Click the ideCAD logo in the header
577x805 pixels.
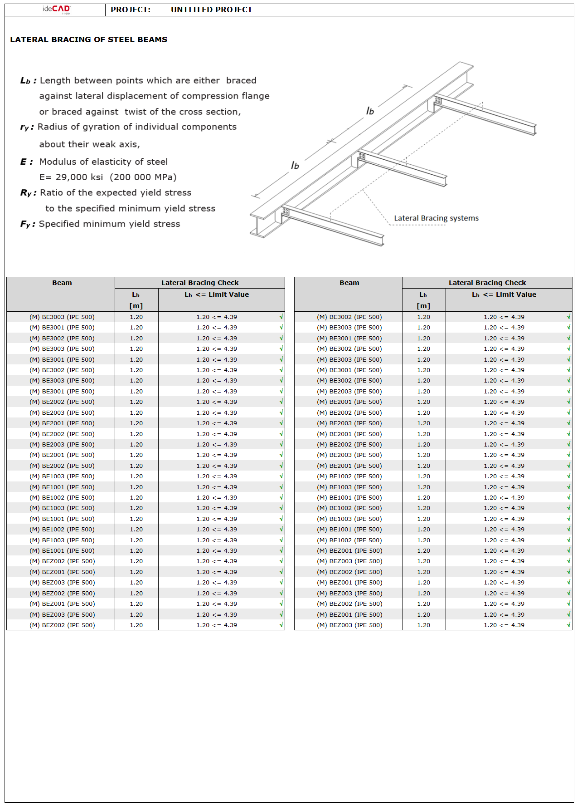pos(57,9)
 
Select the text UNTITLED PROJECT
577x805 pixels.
pos(211,10)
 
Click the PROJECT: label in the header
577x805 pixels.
pos(131,10)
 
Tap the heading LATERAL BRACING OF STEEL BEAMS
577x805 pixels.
pos(89,39)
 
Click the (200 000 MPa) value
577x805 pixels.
pos(143,177)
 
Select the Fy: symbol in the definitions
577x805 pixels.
pos(27,224)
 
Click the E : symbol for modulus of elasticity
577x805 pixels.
pos(26,162)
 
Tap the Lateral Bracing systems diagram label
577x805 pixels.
pos(436,218)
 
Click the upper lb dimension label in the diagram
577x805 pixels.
pos(370,111)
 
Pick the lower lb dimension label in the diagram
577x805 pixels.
pos(295,165)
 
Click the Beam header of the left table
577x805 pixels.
pos(62,283)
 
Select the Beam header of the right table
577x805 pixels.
pos(349,283)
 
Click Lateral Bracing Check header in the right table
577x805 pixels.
pos(487,283)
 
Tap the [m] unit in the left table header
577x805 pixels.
pos(136,306)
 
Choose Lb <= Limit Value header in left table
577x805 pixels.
pos(217,295)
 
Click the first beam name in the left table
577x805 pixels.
pos(62,317)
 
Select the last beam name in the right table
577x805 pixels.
pos(349,625)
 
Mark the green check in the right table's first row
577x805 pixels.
pos(569,317)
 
